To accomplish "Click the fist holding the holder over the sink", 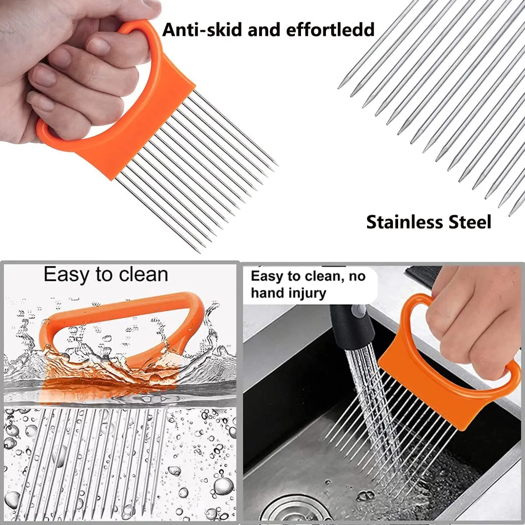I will [472, 324].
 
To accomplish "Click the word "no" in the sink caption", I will [357, 276].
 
